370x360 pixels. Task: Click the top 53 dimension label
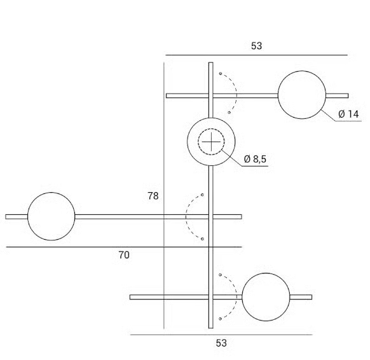click(x=256, y=46)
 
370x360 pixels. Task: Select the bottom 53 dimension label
click(x=221, y=343)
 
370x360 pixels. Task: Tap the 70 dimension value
click(x=124, y=255)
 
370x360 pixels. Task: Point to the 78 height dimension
click(x=153, y=196)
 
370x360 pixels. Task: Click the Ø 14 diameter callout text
click(x=348, y=114)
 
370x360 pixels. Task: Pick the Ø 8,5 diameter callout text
click(x=255, y=159)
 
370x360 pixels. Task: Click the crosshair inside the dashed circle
click(x=211, y=142)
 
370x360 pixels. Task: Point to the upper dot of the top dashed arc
click(x=221, y=74)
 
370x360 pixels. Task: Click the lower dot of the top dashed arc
click(x=229, y=113)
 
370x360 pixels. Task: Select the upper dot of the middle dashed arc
click(x=202, y=195)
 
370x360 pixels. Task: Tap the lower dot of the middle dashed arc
click(x=202, y=239)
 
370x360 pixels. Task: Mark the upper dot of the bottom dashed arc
click(x=220, y=275)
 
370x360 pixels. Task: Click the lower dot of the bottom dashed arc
click(x=220, y=319)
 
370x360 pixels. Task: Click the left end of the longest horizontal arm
click(x=6, y=217)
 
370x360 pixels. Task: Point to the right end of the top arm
click(x=348, y=95)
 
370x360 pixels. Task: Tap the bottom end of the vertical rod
click(x=211, y=328)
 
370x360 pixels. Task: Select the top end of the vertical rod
click(x=211, y=62)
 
